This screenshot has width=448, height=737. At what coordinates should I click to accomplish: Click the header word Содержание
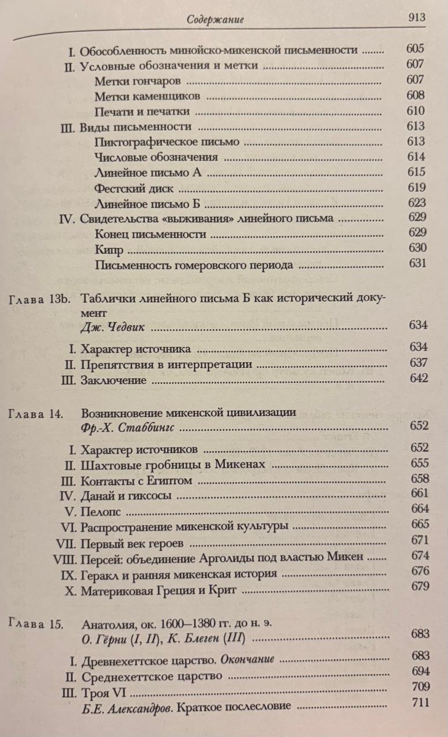click(216, 20)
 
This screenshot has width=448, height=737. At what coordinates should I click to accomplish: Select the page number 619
click(415, 187)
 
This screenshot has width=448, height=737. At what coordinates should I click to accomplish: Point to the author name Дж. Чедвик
click(112, 327)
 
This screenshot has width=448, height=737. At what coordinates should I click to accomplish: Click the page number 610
click(415, 111)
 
